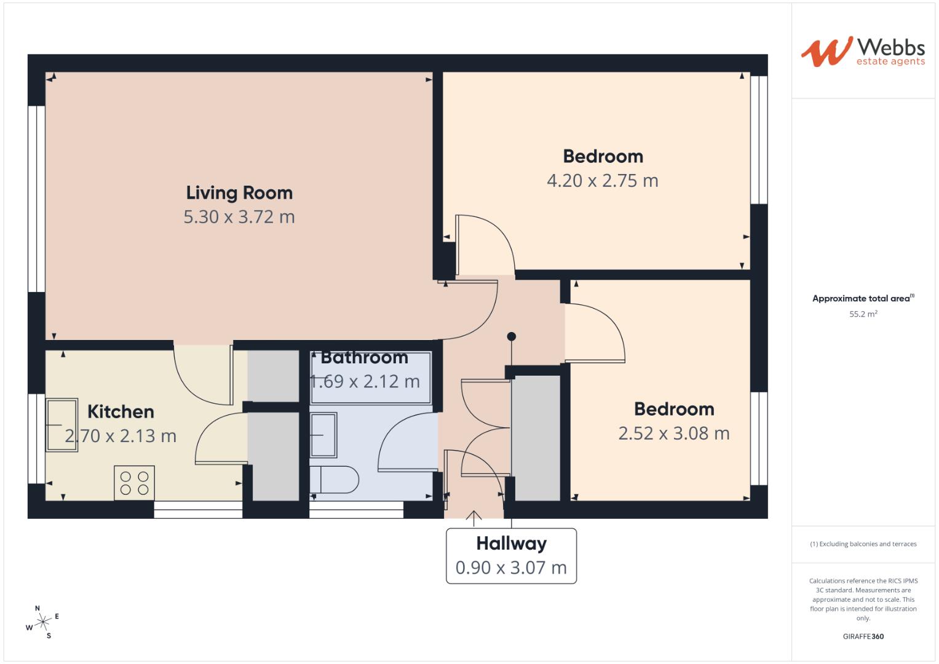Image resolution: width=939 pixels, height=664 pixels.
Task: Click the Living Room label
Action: coord(239,192)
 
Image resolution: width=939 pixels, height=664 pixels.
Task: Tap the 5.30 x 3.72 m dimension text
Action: coord(239,217)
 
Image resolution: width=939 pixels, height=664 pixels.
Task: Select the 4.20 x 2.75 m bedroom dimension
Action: coord(602,181)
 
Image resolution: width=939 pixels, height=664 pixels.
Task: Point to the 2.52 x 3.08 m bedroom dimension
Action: coord(673,433)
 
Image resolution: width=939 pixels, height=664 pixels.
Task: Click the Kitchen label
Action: coord(121,411)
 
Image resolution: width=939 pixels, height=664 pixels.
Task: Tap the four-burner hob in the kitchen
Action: coord(134,483)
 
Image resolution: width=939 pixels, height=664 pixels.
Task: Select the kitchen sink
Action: coord(62,425)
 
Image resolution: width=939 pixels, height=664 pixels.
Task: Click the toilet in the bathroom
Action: coord(335,480)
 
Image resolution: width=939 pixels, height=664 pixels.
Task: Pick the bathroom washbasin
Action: coord(323,435)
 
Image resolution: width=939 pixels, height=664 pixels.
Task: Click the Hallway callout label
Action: coord(511,543)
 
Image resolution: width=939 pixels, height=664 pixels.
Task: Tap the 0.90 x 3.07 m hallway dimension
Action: coord(511,567)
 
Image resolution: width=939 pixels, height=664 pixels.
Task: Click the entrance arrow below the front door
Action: coord(473,519)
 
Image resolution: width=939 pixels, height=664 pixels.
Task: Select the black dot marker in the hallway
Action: coord(511,336)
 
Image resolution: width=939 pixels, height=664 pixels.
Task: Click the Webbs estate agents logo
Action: coord(862,52)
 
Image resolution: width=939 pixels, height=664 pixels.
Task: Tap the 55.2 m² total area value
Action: coord(863,314)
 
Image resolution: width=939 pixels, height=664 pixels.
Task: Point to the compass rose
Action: coord(42,622)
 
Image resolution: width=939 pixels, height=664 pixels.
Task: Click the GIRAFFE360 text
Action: coord(863,636)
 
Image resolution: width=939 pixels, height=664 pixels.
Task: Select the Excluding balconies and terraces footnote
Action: coord(863,544)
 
